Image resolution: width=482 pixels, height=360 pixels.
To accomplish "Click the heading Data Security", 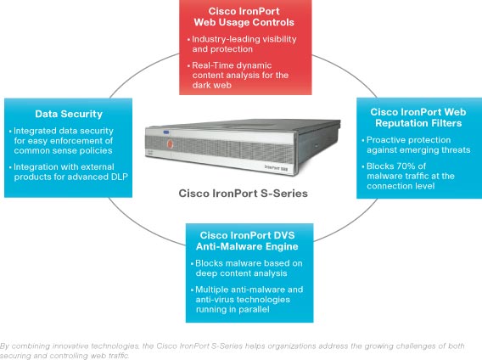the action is pos(69,114).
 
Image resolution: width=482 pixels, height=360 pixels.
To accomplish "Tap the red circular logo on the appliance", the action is pos(170,143).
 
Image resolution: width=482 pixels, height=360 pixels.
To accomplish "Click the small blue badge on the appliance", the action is pos(166,132).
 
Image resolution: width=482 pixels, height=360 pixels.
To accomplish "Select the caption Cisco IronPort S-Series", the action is pos(244,194).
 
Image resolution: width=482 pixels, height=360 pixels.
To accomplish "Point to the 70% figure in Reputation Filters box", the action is pos(404,166).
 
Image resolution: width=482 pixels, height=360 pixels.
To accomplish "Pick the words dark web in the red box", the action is pos(212,85).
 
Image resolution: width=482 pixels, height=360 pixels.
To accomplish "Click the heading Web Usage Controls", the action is pos(244,22).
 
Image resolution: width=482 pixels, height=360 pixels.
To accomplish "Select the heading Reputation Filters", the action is pos(418,123).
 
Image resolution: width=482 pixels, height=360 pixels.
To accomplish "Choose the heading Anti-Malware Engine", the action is pos(247,246).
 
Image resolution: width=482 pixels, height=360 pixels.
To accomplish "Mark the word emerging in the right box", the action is pos(418,149).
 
